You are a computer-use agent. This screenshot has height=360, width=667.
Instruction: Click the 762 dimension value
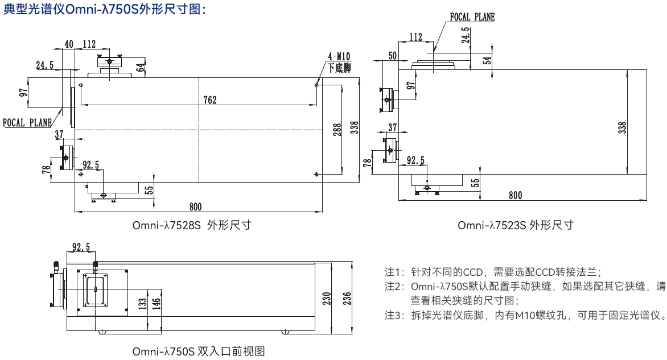point(210,100)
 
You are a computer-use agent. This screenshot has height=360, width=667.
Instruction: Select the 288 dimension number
point(337,130)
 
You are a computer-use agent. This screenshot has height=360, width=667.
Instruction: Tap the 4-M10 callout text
point(339,56)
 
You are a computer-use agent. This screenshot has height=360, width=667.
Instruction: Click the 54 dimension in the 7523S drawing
point(487,61)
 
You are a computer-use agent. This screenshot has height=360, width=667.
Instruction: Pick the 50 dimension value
point(392,56)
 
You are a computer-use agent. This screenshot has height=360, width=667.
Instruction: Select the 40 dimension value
point(69,44)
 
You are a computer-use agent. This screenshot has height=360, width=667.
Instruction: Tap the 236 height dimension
point(347,297)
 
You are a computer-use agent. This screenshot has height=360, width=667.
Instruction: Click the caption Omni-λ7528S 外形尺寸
point(192,225)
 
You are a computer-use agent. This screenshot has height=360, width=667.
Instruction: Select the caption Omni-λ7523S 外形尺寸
point(515,225)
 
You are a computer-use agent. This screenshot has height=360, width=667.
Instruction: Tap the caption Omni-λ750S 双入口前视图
point(199,351)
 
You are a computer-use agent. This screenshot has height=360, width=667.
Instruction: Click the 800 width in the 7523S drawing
point(515,196)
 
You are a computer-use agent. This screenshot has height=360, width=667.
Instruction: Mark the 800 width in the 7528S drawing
point(195,206)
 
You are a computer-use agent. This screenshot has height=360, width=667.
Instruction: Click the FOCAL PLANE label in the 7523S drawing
point(472,17)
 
